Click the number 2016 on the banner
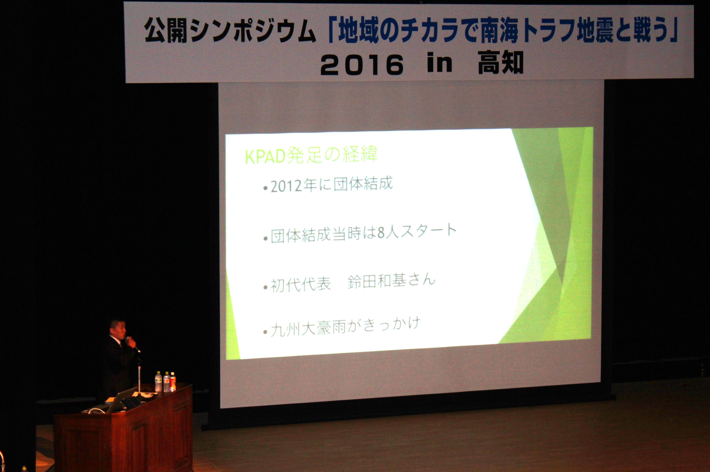click(x=362, y=65)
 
